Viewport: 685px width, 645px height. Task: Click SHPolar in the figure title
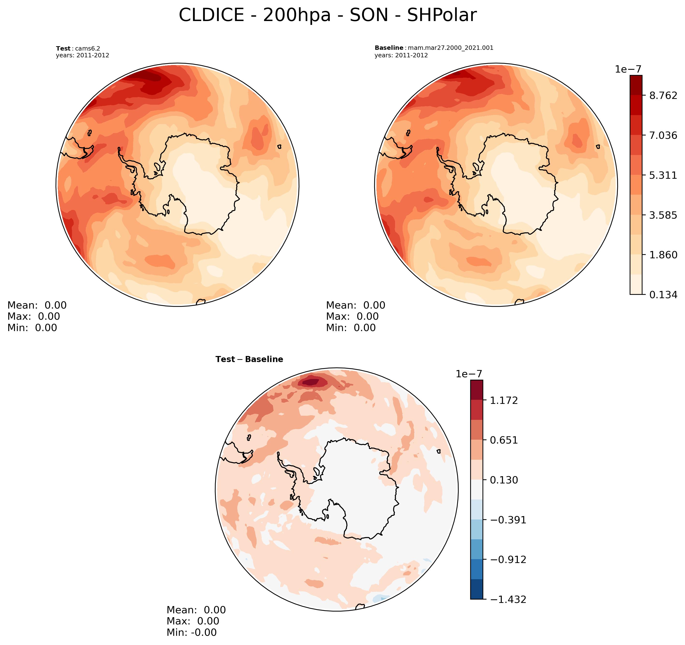click(442, 15)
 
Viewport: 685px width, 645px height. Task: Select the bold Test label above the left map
click(63, 49)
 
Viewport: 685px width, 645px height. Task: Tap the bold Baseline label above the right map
click(389, 48)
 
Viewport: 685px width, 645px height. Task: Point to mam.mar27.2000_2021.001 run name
click(451, 48)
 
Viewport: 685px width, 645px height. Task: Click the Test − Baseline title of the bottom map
click(249, 359)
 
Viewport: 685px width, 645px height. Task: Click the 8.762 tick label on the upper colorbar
click(663, 96)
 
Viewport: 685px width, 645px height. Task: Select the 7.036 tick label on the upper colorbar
click(663, 135)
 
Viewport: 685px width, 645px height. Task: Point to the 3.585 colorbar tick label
click(663, 215)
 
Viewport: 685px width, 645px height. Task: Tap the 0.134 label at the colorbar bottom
click(663, 295)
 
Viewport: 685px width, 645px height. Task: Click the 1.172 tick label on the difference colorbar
click(504, 400)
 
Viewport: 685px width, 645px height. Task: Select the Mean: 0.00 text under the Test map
click(37, 305)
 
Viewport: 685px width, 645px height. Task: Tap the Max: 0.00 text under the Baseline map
click(352, 316)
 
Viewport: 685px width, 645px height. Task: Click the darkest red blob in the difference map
click(311, 382)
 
